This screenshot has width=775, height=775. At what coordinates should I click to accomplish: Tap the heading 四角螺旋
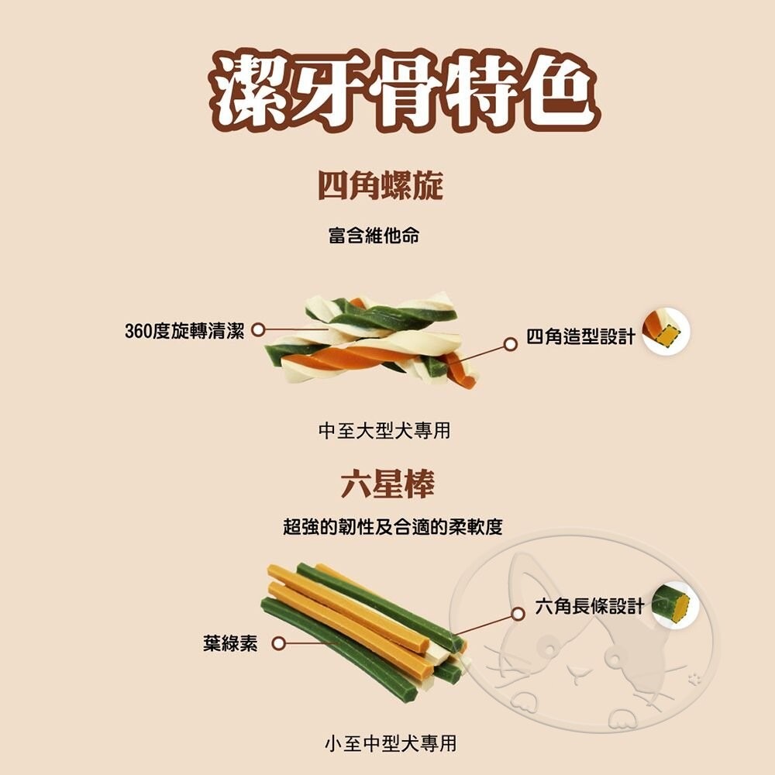tap(381, 187)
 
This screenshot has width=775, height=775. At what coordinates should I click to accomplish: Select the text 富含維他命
tap(374, 236)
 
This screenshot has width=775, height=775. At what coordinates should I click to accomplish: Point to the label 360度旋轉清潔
tap(184, 331)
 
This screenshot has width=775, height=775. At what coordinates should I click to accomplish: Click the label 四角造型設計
tap(580, 336)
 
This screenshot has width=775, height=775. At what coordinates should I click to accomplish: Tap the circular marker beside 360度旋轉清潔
tap(259, 331)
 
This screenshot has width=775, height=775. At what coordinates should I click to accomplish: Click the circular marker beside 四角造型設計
tap(510, 343)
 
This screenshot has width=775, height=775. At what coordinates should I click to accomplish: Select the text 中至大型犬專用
tap(384, 431)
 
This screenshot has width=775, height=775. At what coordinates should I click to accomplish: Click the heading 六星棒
tap(387, 484)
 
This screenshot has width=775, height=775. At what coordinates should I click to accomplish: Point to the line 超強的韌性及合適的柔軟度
tap(393, 528)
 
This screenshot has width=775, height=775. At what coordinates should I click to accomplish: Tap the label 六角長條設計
tap(590, 606)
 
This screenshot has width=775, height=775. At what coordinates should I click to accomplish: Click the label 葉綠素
tap(230, 644)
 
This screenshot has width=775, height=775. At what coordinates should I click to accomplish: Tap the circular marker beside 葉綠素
tap(279, 643)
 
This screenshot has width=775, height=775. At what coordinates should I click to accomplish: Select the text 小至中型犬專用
tap(390, 745)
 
